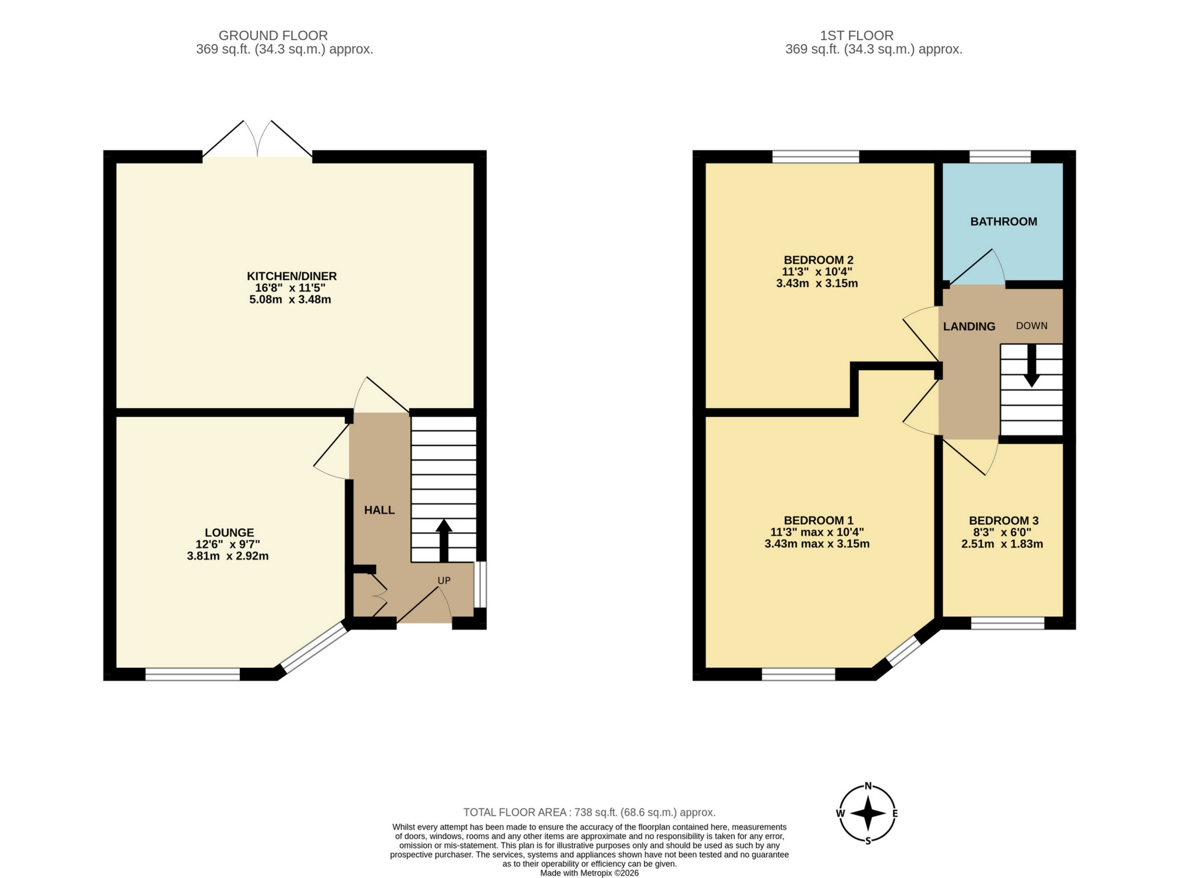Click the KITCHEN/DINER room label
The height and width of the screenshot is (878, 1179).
(292, 276)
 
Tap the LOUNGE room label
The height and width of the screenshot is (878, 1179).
(229, 532)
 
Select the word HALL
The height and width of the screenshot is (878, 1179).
(379, 510)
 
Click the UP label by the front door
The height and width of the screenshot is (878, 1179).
(444, 580)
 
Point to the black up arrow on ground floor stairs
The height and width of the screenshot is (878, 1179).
(444, 539)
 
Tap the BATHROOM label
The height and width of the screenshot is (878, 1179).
(1003, 221)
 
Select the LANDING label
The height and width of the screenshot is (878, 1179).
(969, 327)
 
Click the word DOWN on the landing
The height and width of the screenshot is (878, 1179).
(1031, 325)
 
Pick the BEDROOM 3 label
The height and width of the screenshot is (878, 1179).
(1003, 521)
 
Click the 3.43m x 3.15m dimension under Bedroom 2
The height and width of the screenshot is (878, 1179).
(817, 284)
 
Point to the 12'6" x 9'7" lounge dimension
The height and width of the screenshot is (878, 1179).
(228, 544)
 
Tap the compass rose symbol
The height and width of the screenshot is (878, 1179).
(868, 813)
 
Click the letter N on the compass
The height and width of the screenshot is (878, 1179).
(868, 786)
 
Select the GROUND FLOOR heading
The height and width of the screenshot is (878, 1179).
(273, 36)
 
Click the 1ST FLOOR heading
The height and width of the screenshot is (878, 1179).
(856, 36)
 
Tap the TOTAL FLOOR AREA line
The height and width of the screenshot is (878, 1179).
(589, 812)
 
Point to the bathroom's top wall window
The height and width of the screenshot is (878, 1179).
(1000, 156)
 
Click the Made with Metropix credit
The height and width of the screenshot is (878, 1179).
(589, 873)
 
